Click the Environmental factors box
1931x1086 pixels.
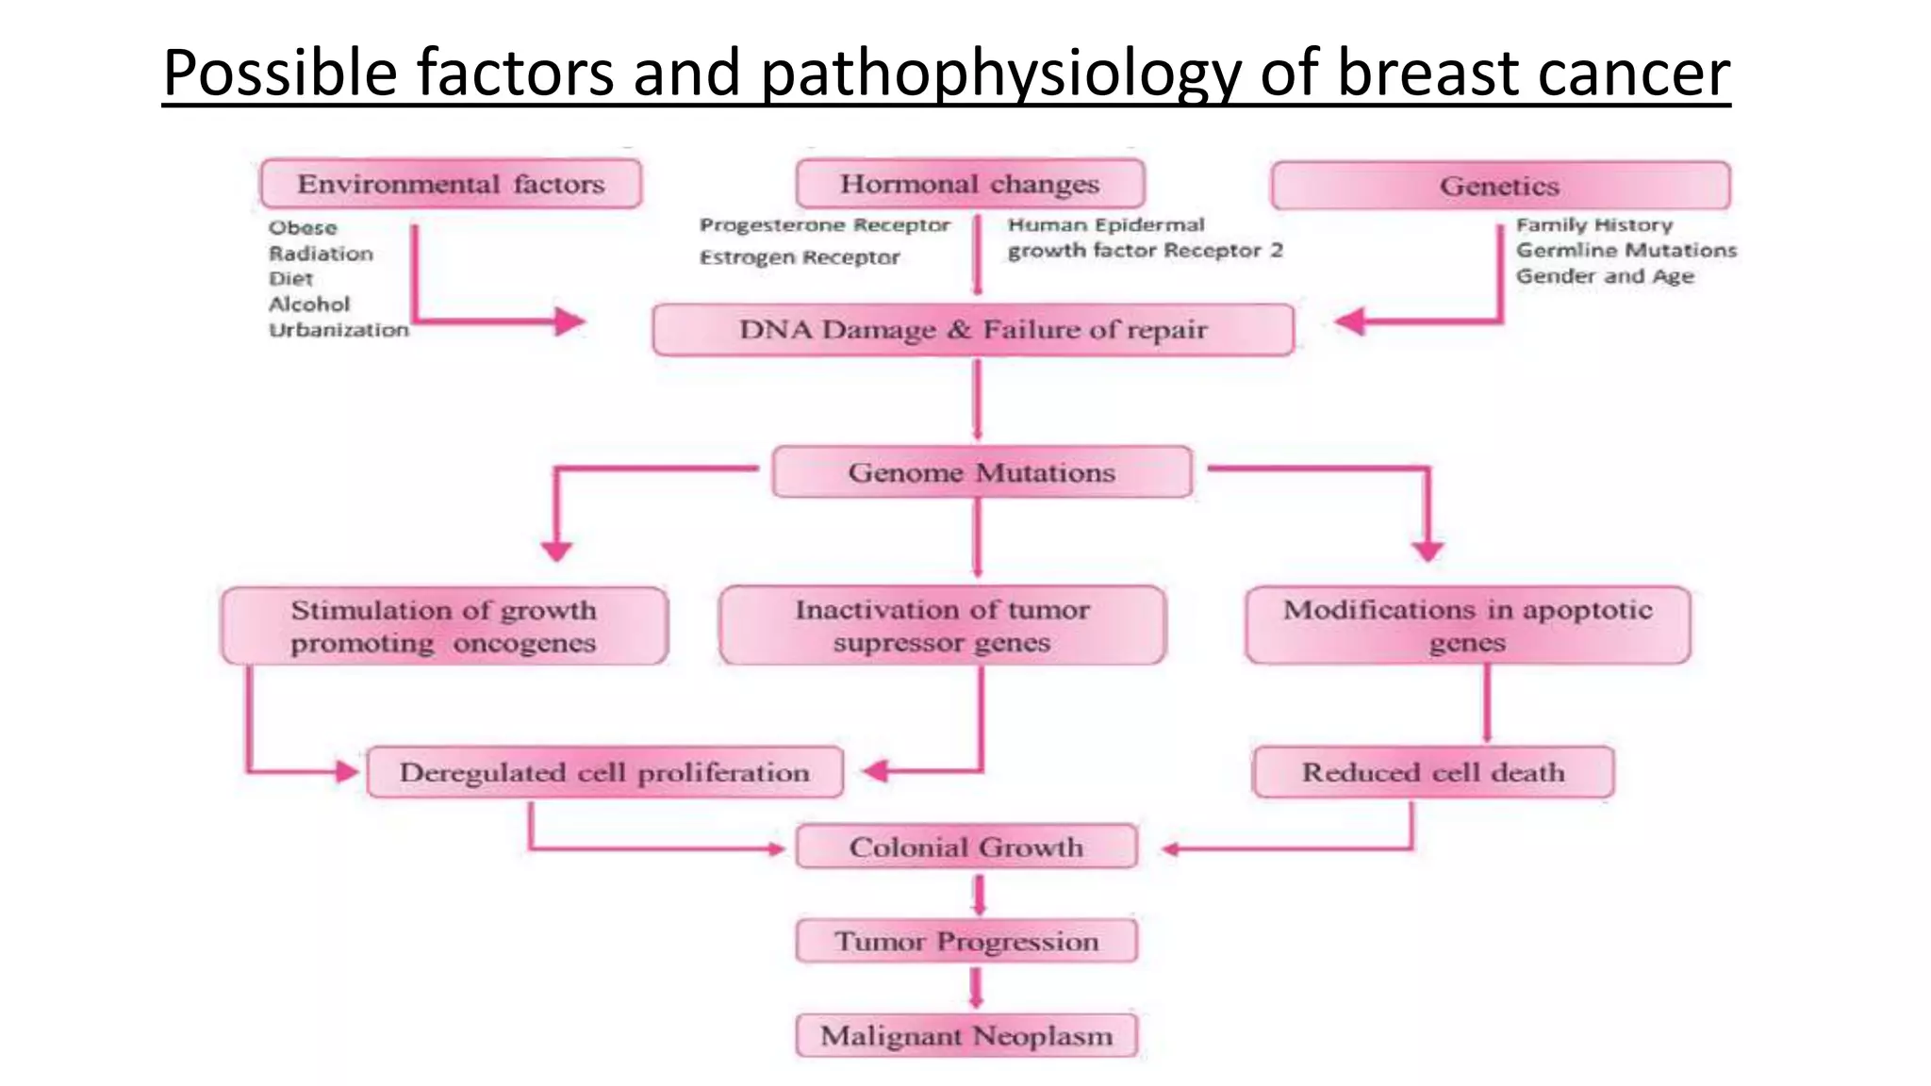point(451,184)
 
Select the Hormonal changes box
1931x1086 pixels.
point(969,184)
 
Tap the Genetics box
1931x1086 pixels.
point(1499,186)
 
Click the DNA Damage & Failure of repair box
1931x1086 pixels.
point(972,330)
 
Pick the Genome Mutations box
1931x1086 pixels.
point(981,472)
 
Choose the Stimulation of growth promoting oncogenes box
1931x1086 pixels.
point(444,626)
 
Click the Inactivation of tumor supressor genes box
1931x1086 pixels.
point(942,626)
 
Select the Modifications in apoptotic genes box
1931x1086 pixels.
point(1467,625)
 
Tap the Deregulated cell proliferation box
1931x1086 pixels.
point(604,773)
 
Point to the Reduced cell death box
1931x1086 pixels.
point(1432,773)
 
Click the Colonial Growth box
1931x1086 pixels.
point(966,847)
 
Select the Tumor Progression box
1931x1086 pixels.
point(966,941)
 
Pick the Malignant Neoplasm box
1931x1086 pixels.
point(966,1036)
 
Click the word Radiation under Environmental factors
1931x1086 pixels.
point(321,254)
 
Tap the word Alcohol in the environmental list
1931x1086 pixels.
point(309,304)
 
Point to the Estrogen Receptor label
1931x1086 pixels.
point(800,257)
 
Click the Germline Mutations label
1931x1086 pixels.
point(1626,251)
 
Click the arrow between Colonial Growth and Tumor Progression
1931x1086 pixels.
point(979,895)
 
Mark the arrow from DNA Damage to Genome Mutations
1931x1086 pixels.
point(977,401)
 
